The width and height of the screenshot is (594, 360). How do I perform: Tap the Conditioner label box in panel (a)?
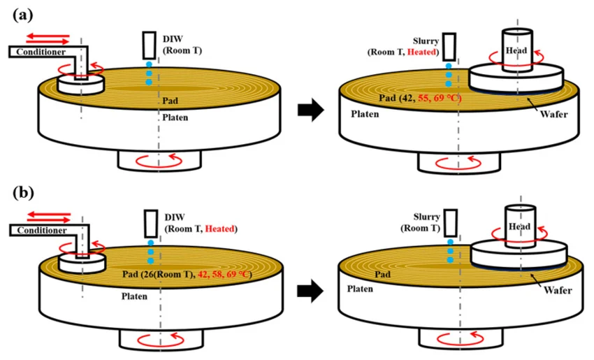click(x=42, y=52)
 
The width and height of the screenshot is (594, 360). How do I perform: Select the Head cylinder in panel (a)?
click(x=516, y=50)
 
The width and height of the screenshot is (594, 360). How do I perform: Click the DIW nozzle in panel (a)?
click(x=150, y=45)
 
